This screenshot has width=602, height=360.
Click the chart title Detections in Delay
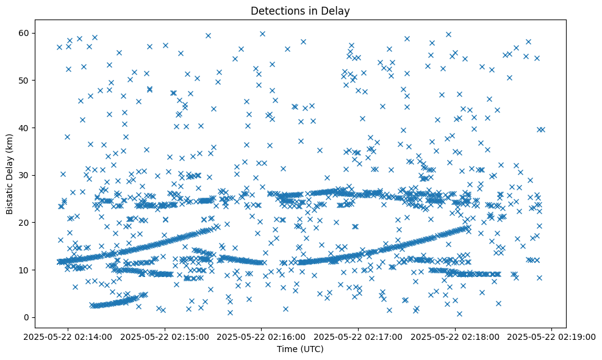[x=300, y=10]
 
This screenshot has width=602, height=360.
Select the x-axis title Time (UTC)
[x=300, y=350]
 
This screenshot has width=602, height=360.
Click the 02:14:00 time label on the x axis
[x=68, y=336]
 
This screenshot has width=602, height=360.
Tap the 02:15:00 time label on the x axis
[x=165, y=336]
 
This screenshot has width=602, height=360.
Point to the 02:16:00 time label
[x=262, y=336]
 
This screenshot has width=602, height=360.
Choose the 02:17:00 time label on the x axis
[x=359, y=336]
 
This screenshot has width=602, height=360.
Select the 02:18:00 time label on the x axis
[x=455, y=336]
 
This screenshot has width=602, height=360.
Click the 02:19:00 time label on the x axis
[x=552, y=336]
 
